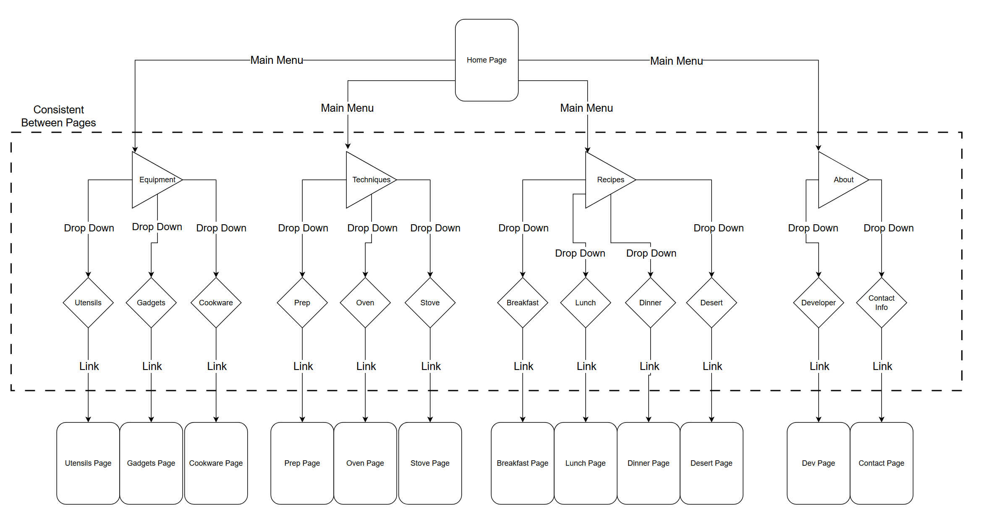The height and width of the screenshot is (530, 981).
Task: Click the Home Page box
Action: pos(486,60)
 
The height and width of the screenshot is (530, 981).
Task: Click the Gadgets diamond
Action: pos(151,302)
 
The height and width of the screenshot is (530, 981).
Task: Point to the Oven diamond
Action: pos(365,302)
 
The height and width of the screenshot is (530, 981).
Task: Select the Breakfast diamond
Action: pos(522,302)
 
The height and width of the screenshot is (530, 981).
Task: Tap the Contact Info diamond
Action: pos(881,302)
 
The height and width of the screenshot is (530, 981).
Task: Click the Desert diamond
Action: pos(711,302)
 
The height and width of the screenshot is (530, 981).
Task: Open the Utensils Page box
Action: pos(88,463)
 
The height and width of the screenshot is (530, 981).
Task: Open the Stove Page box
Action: pos(430,463)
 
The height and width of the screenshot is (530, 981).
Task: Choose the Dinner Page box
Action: pos(648,463)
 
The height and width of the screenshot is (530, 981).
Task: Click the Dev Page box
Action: pos(818,463)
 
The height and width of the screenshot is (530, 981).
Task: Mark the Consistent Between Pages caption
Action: pos(58,116)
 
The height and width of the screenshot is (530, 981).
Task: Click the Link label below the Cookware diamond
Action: pos(217,366)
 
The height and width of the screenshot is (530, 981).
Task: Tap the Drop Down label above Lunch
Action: pos(580,253)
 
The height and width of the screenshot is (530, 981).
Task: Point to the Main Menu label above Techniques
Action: pos(347,108)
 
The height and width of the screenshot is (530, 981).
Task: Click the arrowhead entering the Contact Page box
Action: pos(881,419)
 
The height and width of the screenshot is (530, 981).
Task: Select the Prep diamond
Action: pos(302,302)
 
